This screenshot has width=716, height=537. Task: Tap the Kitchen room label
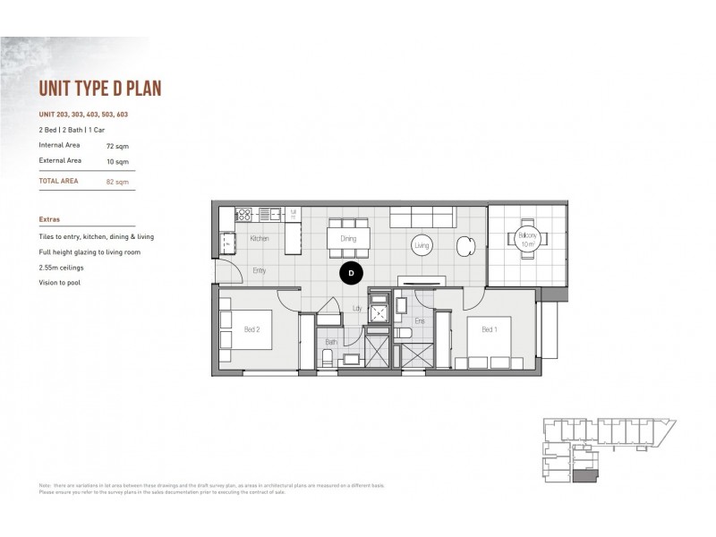(260, 239)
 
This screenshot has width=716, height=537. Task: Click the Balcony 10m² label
(527, 240)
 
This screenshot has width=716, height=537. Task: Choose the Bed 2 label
(252, 330)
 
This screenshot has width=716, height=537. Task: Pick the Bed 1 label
(489, 330)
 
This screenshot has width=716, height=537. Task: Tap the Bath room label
(331, 342)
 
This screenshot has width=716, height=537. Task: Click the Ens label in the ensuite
(418, 320)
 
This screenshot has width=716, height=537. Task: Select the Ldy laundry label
(357, 309)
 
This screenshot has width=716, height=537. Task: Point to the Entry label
(259, 270)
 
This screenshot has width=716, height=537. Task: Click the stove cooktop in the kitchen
(243, 214)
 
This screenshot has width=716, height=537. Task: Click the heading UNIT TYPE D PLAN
(99, 89)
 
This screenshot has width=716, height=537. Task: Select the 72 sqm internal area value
(116, 144)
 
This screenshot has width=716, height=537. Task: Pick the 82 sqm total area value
(116, 181)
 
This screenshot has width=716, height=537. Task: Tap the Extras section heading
(50, 217)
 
